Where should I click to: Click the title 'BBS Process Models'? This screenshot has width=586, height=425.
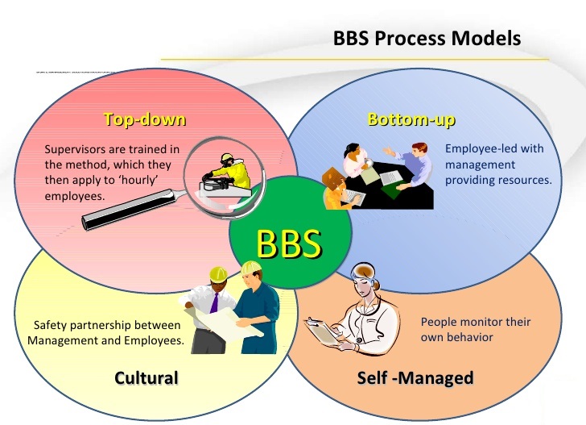(427, 38)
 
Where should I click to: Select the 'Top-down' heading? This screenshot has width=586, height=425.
(145, 120)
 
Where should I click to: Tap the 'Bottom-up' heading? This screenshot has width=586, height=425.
(411, 120)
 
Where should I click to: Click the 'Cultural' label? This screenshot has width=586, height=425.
(146, 377)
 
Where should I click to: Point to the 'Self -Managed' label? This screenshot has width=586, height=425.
(415, 377)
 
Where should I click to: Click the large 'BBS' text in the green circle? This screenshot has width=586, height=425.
(290, 242)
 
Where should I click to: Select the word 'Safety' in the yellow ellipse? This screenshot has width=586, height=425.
(51, 326)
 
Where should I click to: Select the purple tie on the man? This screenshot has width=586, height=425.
(214, 302)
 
